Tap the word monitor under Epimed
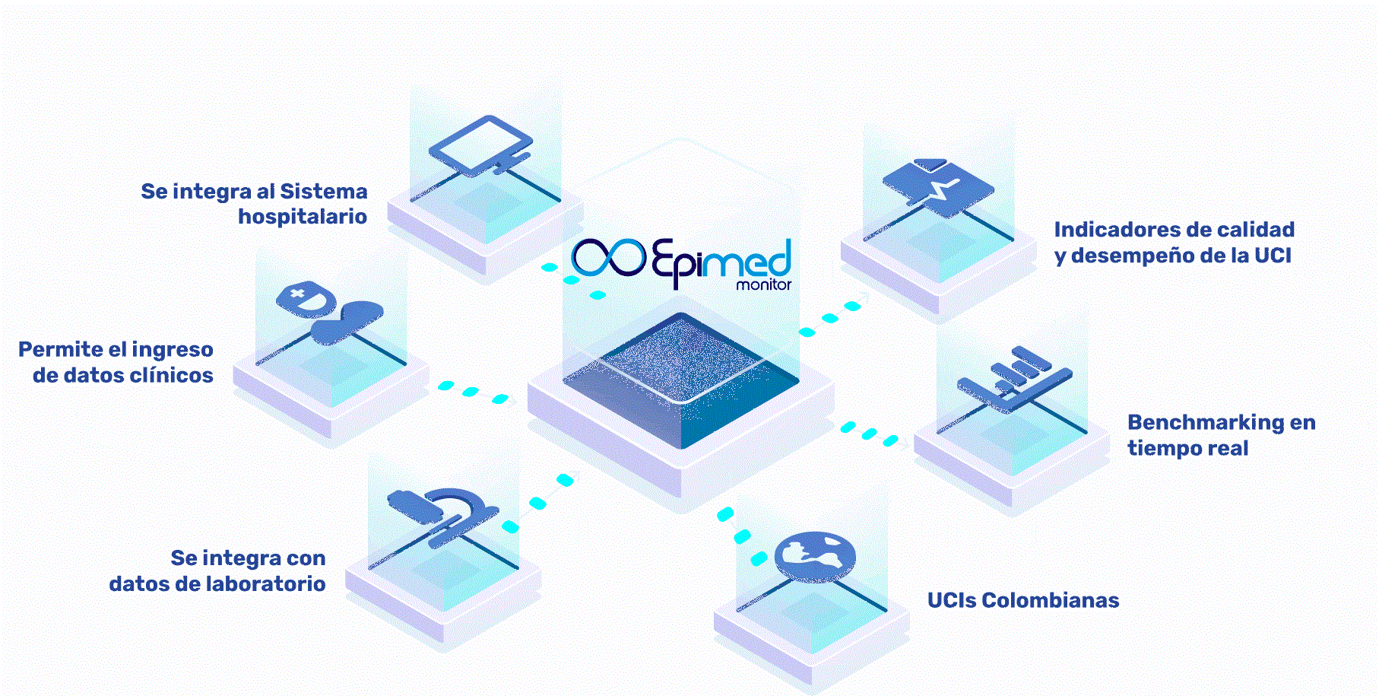click(763, 285)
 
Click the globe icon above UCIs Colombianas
click(815, 556)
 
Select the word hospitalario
click(303, 217)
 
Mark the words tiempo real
click(1188, 448)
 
